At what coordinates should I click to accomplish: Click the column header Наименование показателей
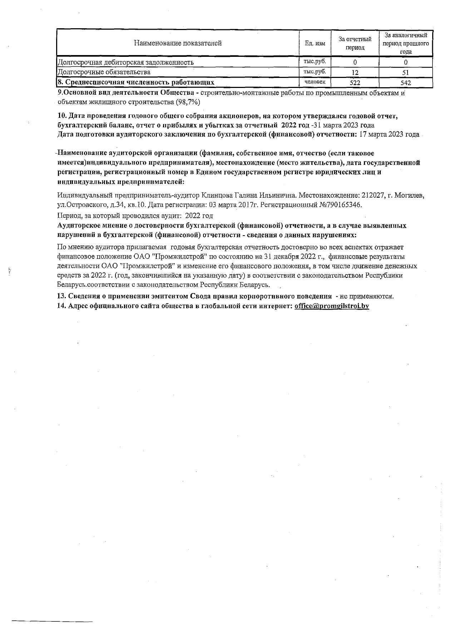tap(178, 43)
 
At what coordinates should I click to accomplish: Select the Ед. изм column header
tap(315, 43)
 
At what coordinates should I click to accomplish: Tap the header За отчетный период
tap(355, 43)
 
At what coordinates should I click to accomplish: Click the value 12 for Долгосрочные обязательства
tap(355, 72)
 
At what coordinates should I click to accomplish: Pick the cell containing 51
tap(405, 72)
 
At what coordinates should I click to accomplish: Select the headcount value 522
tap(355, 83)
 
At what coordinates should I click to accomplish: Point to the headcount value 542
tap(405, 83)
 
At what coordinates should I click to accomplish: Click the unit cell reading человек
tap(315, 82)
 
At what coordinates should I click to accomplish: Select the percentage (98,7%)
tap(187, 102)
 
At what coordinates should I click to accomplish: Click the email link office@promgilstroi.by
tap(332, 306)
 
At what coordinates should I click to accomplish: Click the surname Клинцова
tap(217, 196)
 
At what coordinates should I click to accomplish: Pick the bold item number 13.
tap(61, 296)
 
